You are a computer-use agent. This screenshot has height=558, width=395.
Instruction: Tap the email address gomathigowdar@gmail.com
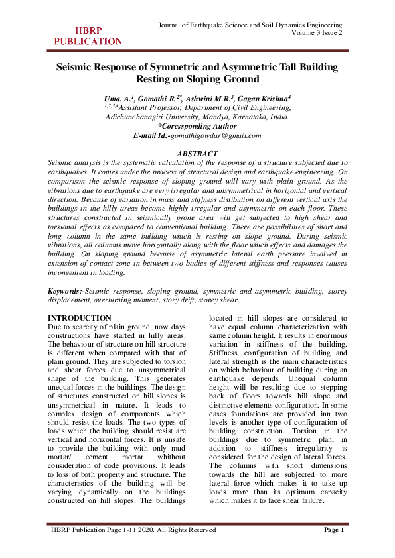216,135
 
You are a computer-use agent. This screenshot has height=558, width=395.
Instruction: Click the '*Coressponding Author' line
197,125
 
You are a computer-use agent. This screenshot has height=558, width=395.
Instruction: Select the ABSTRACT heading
197,154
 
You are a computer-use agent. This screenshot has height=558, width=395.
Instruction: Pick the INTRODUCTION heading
80,318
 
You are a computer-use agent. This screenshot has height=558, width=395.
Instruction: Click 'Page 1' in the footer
333,530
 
